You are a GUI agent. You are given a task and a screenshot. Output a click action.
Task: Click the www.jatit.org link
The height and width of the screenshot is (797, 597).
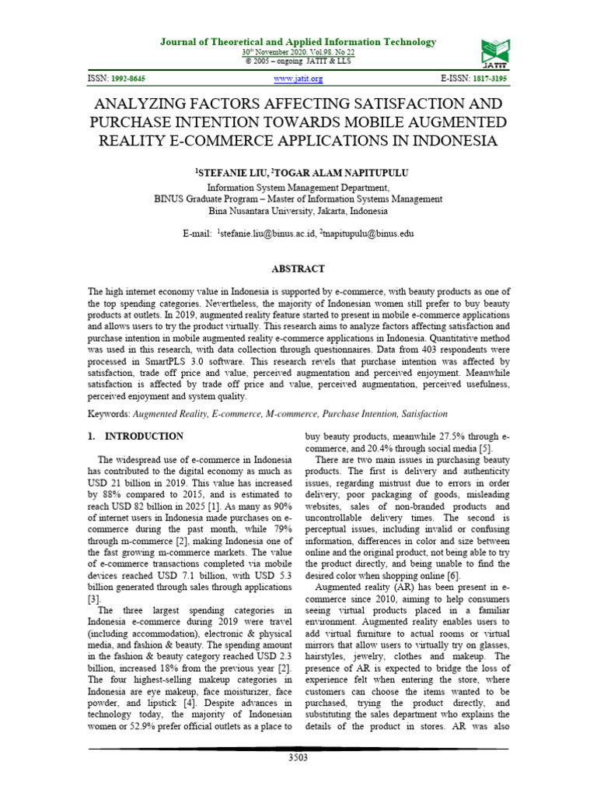tap(298, 79)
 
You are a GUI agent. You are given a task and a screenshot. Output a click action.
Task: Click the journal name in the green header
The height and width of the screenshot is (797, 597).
tap(298, 42)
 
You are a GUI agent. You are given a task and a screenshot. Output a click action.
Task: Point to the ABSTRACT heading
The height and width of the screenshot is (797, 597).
tap(298, 269)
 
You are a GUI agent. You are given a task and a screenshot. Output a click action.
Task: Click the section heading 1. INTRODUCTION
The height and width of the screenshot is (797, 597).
tap(136, 437)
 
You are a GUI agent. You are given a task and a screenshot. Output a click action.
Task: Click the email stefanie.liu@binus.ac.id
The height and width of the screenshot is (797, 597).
tap(268, 233)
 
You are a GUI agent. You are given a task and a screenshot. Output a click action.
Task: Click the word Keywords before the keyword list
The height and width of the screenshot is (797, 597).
tap(110, 414)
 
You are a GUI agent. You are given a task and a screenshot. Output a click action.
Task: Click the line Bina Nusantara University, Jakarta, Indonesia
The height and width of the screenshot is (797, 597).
tap(298, 211)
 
